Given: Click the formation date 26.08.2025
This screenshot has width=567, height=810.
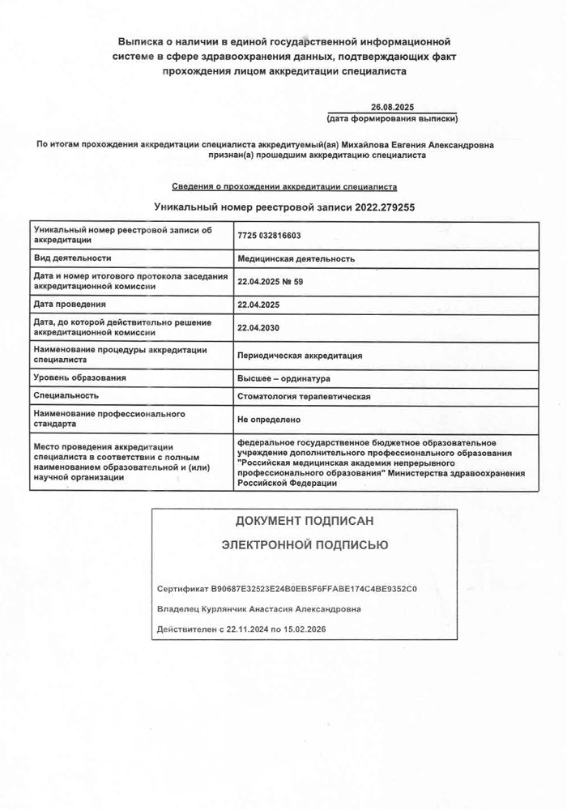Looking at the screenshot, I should point(392,107).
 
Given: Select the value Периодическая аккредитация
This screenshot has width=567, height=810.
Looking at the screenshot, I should point(299,356).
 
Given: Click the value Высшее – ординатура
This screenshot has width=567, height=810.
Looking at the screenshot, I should point(283,378).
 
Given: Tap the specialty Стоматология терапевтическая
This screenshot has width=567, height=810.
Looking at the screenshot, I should point(303,397).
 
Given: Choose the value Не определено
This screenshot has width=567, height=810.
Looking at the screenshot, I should point(269,420).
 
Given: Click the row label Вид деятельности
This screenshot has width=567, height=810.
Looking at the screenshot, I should point(72,258).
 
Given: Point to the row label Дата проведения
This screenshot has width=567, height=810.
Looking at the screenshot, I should point(70,305).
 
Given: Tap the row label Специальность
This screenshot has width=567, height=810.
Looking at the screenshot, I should point(66,396).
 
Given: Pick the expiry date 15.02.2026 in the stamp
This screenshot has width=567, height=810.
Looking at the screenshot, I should point(300,629).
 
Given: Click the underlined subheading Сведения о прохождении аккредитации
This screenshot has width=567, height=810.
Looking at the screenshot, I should point(284,186).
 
